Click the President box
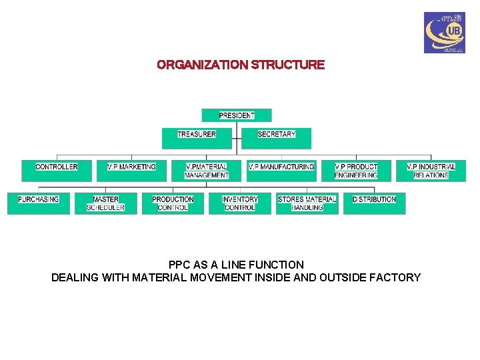[x=237, y=115]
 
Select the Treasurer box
[x=197, y=138]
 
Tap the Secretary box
[x=276, y=138]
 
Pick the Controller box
[x=57, y=171]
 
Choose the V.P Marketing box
[x=131, y=171]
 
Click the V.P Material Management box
[x=207, y=171]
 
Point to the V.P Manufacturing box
[x=281, y=171]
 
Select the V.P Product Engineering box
[x=356, y=171]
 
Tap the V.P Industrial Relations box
[x=431, y=171]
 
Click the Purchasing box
[x=39, y=203]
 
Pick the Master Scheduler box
[x=105, y=203]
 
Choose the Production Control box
[x=173, y=203]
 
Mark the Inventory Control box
[x=240, y=203]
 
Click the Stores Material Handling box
[x=307, y=203]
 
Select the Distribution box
[x=374, y=203]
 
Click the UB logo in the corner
[x=444, y=33]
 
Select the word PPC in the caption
[x=180, y=265]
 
